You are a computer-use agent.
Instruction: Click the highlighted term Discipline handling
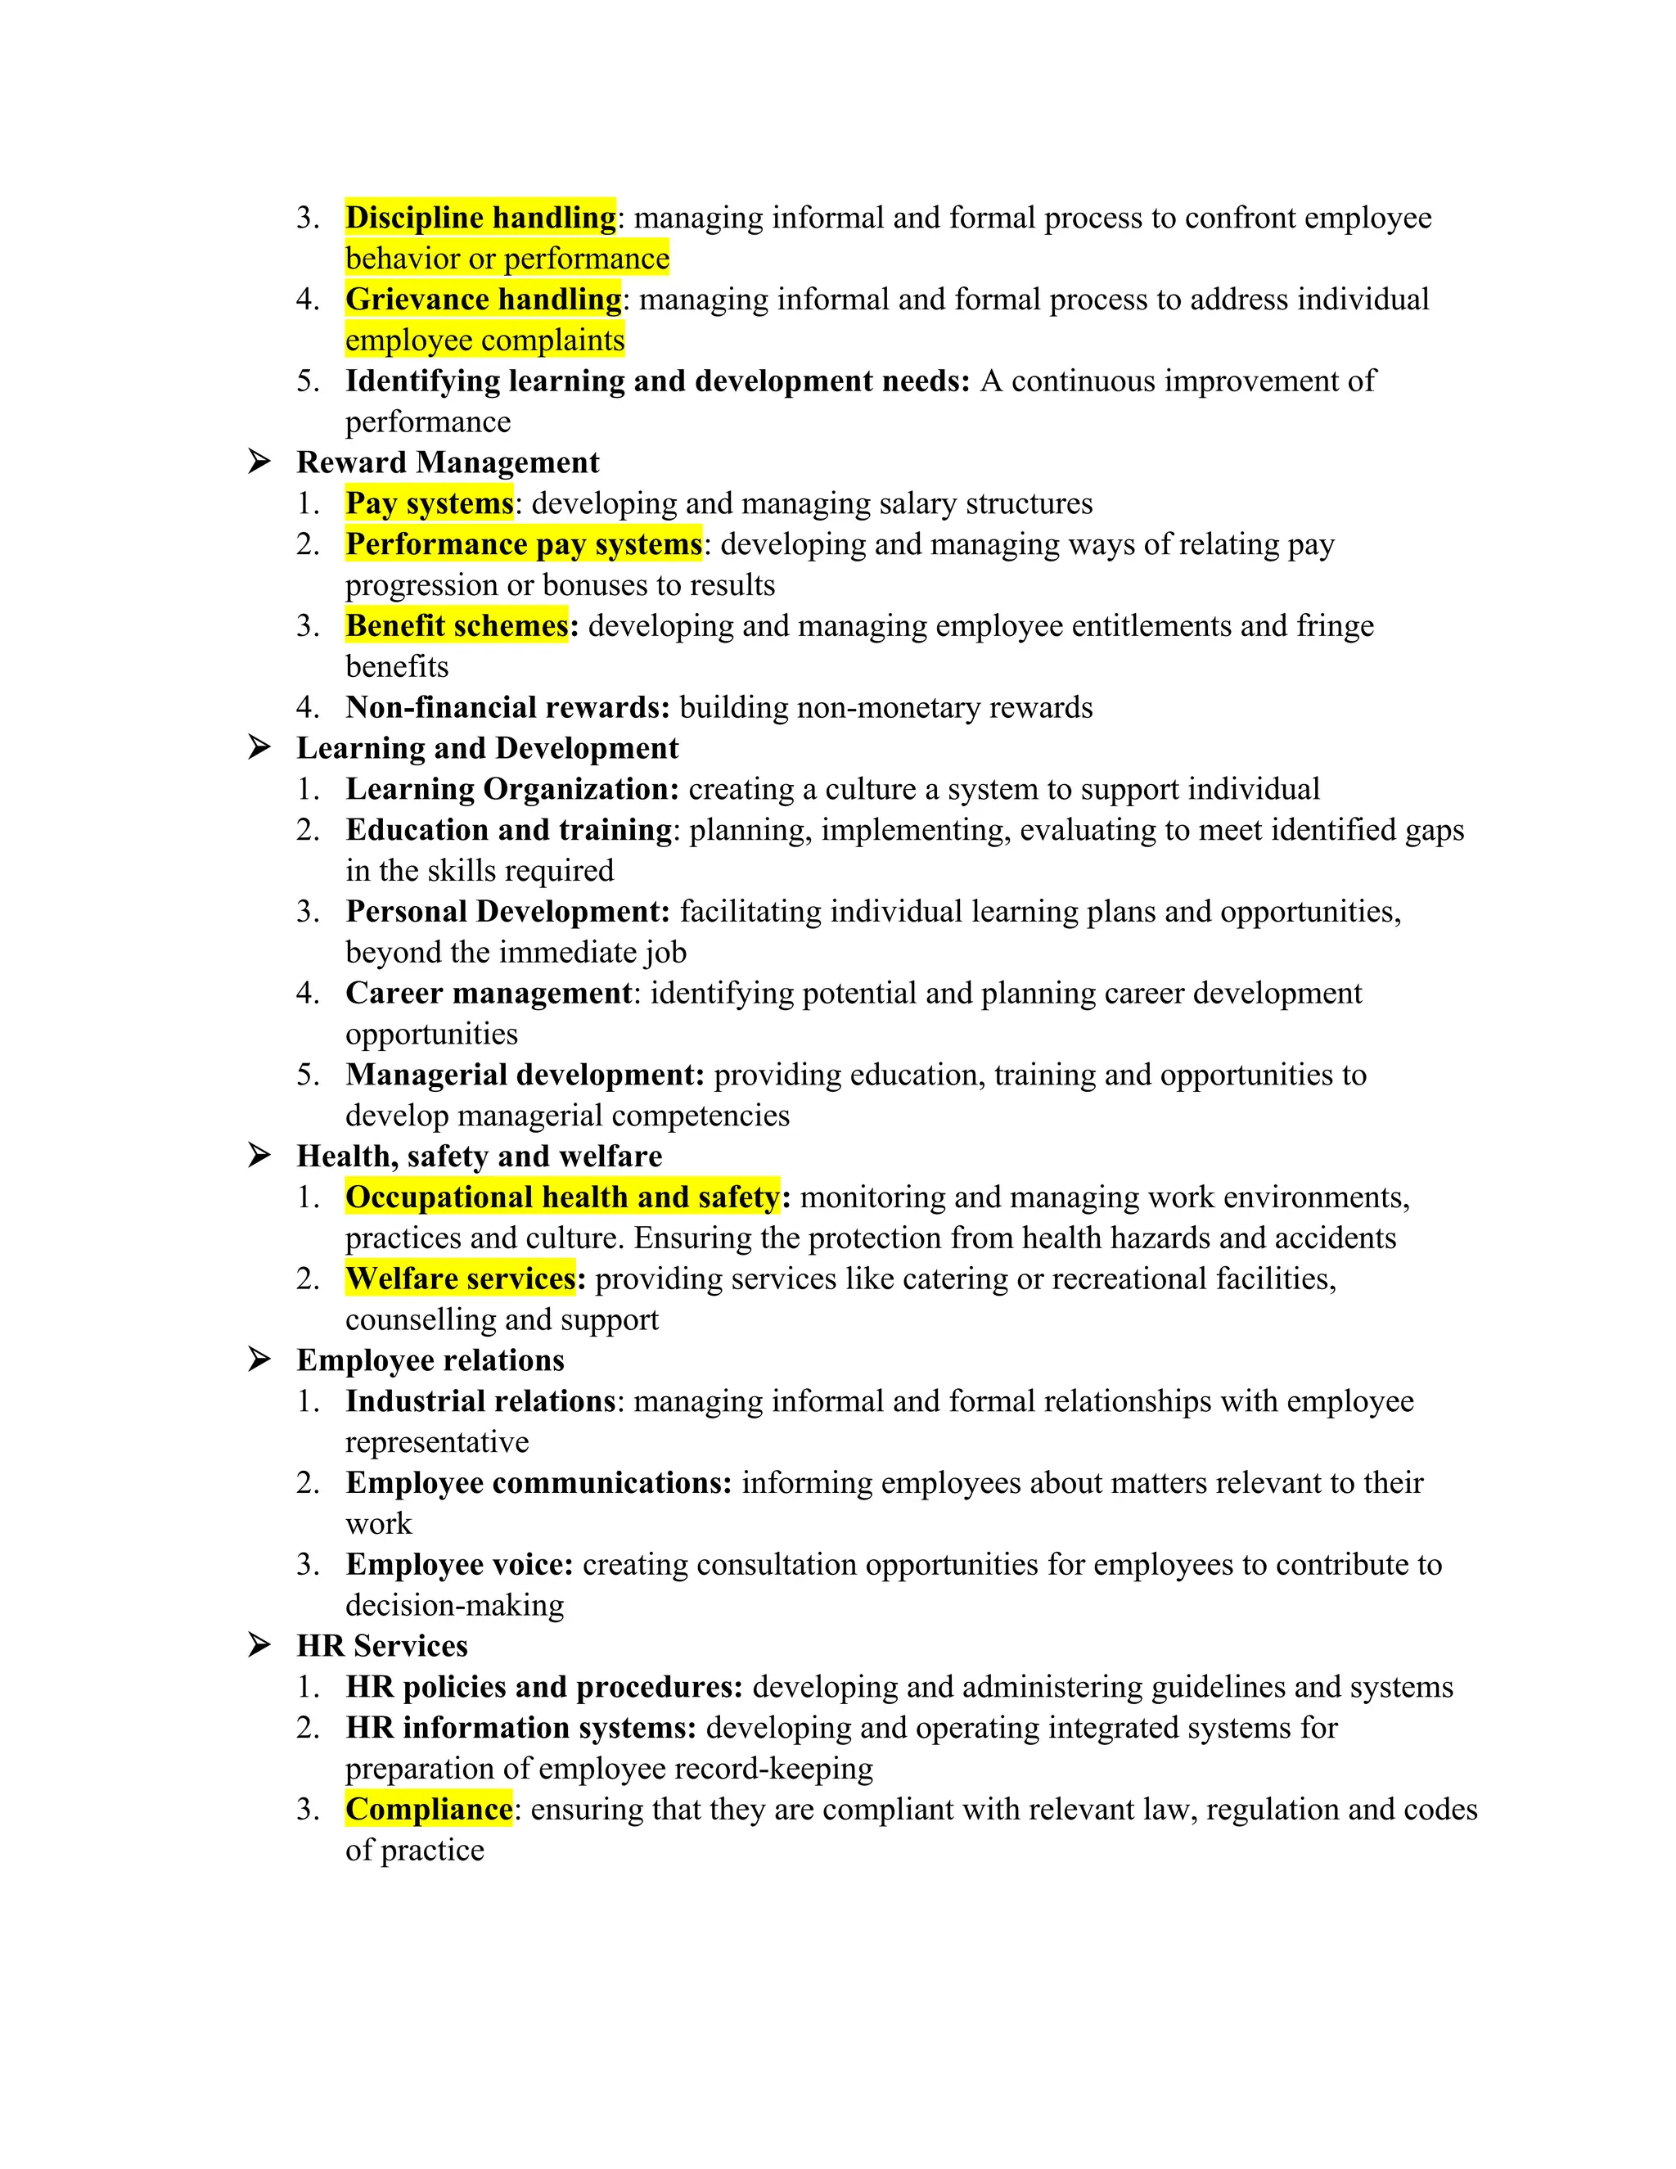pyautogui.click(x=480, y=218)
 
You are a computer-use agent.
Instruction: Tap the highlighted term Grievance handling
pyautogui.click(x=483, y=299)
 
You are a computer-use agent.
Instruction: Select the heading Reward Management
pyautogui.click(x=448, y=462)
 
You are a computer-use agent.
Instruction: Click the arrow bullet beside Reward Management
pyautogui.click(x=259, y=462)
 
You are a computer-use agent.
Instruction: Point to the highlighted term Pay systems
pyautogui.click(x=429, y=503)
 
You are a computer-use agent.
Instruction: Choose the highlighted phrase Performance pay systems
pyautogui.click(x=523, y=544)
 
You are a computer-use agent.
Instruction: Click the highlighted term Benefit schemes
pyautogui.click(x=457, y=625)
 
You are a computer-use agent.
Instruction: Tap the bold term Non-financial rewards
pyautogui.click(x=507, y=707)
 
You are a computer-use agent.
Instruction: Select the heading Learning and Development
pyautogui.click(x=488, y=748)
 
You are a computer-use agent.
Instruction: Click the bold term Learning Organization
pyautogui.click(x=512, y=788)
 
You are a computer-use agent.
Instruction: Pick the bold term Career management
pyautogui.click(x=489, y=993)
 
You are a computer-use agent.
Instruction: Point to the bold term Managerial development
pyautogui.click(x=525, y=1075)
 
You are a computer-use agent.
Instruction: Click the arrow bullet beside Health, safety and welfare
pyautogui.click(x=259, y=1155)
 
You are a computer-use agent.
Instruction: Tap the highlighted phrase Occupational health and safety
pyautogui.click(x=562, y=1197)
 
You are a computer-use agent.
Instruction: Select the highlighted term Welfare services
pyautogui.click(x=461, y=1278)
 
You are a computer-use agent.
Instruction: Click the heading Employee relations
pyautogui.click(x=430, y=1360)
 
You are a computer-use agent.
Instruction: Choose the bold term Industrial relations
pyautogui.click(x=480, y=1401)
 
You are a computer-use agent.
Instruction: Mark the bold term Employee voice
pyautogui.click(x=460, y=1564)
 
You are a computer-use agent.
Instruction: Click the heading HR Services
pyautogui.click(x=382, y=1646)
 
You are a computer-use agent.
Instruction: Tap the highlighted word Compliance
pyautogui.click(x=429, y=1809)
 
